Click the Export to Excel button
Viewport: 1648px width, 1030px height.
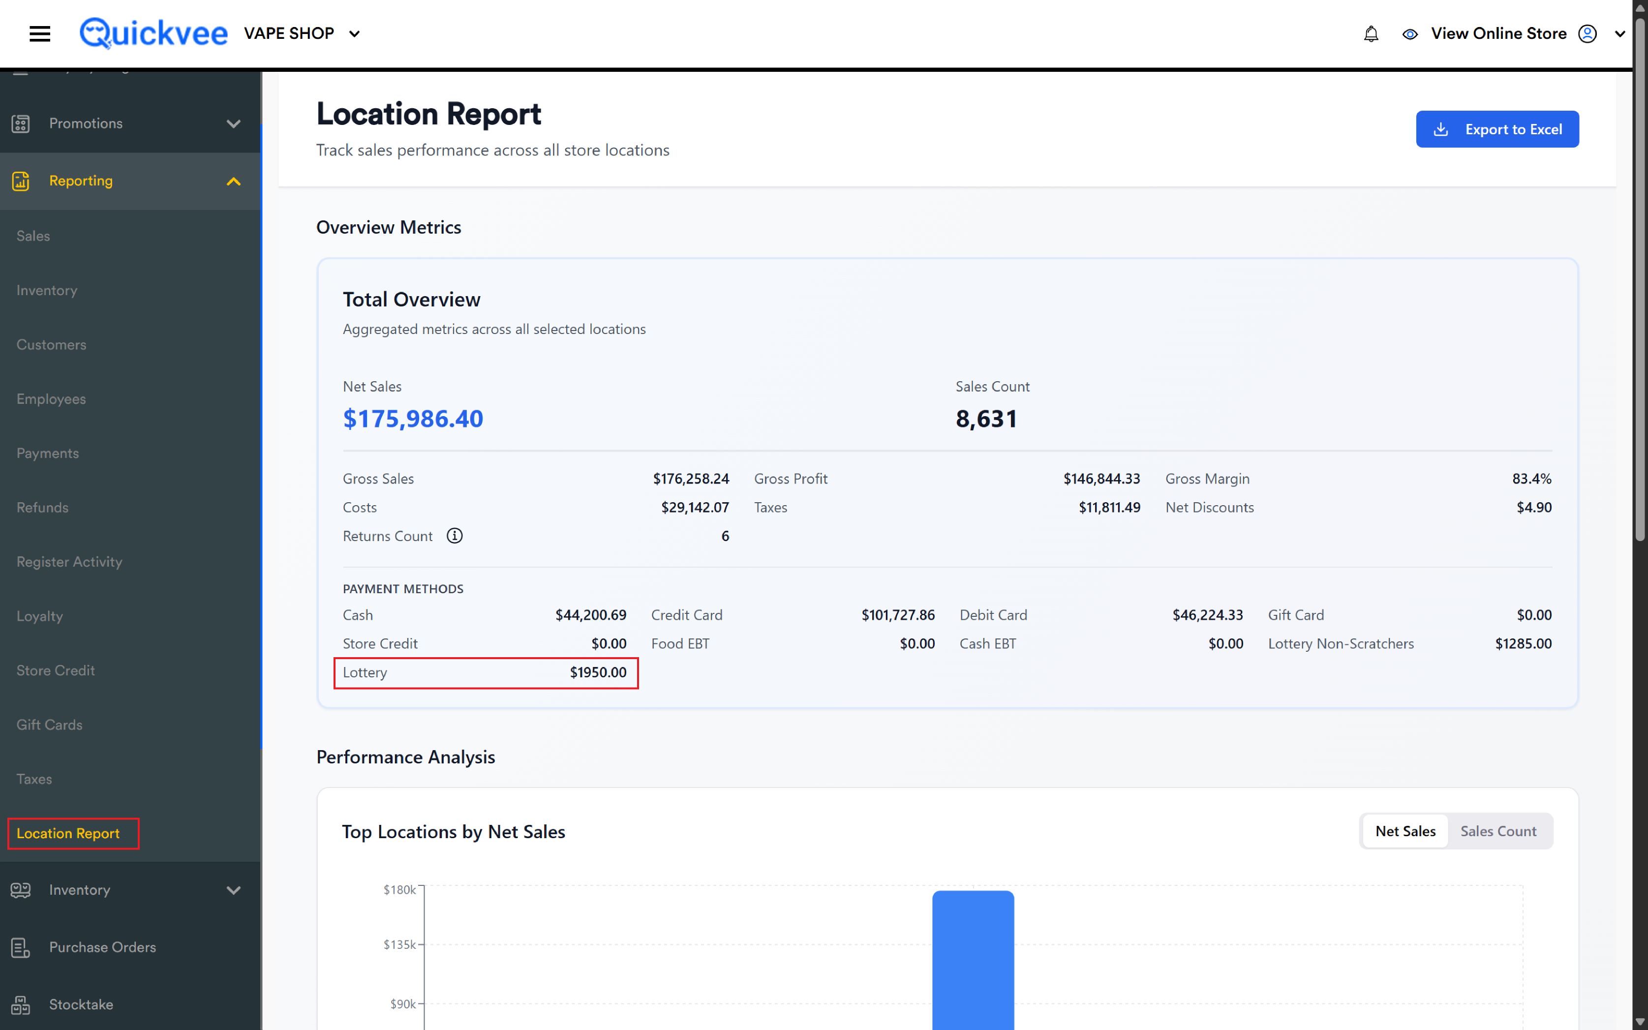[1497, 129]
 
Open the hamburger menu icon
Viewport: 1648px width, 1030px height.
[39, 33]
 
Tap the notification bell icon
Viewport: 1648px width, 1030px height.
[1371, 33]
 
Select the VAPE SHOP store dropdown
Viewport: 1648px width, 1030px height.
[302, 33]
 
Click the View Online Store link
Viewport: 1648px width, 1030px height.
[1498, 33]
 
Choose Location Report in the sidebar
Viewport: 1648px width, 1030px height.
[68, 833]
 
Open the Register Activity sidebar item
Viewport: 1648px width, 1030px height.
[69, 561]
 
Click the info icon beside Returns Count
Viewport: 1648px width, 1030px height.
[455, 536]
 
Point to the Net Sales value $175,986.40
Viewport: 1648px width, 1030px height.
[413, 418]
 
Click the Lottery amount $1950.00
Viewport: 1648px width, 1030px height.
[598, 672]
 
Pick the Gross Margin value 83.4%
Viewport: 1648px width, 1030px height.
[1531, 479]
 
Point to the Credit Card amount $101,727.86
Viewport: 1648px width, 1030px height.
[898, 615]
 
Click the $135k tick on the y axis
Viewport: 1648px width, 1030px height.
[399, 944]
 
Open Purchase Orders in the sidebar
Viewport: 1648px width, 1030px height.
[102, 947]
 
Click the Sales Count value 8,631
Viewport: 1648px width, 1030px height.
[986, 418]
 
